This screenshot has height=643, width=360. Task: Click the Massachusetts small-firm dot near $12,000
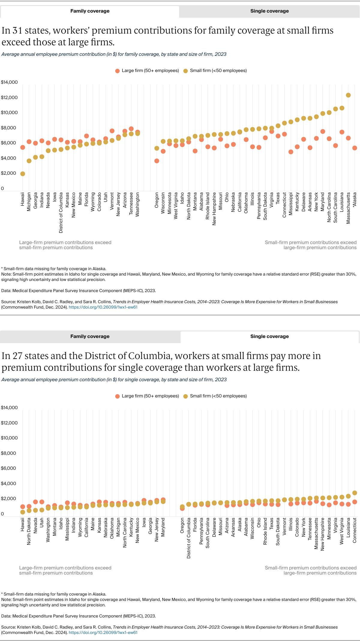348,95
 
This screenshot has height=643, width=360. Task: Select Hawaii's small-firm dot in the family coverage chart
22,174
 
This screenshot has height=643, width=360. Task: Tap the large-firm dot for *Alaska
355,148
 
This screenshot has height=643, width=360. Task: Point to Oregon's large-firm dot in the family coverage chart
157,161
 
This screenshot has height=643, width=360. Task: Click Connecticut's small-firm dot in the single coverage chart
355,493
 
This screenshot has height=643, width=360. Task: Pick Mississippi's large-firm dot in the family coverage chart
291,152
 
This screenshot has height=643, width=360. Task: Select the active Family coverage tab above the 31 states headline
90,11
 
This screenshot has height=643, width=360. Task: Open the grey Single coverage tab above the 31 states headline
269,11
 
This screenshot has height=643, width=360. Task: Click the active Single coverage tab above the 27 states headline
269,337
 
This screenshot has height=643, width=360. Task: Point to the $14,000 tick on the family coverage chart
9,82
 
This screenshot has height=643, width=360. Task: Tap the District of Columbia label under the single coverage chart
189,538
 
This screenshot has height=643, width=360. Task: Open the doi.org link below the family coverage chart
103,307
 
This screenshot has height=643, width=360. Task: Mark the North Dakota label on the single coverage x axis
29,531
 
